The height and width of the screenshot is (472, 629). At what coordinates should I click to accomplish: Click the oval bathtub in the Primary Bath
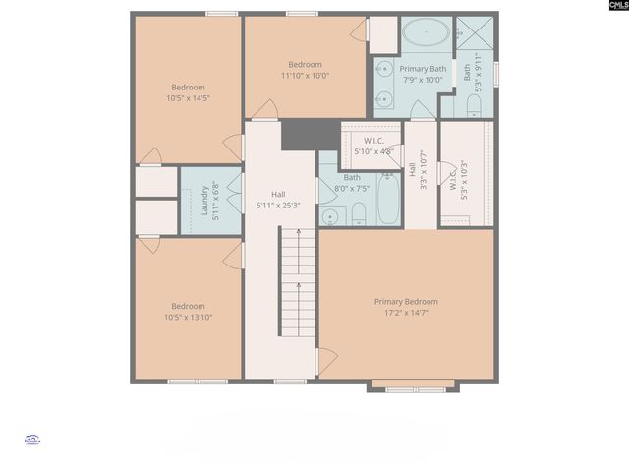click(427, 33)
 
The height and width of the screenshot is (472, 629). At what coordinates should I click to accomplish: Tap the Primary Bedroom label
click(406, 302)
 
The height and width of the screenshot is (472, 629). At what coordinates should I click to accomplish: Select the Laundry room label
click(205, 201)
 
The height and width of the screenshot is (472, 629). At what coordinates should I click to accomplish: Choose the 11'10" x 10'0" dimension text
click(305, 75)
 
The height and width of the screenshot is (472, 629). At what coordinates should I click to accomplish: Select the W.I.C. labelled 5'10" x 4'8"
click(372, 146)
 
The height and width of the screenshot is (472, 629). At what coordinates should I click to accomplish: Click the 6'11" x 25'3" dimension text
click(278, 206)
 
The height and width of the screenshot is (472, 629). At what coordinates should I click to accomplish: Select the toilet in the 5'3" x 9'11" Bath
click(473, 104)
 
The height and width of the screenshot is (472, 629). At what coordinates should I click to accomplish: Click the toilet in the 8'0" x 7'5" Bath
click(359, 213)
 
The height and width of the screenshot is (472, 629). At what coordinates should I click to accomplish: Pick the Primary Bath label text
click(423, 69)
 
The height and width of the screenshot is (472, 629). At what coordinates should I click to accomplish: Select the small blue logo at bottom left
click(31, 442)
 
